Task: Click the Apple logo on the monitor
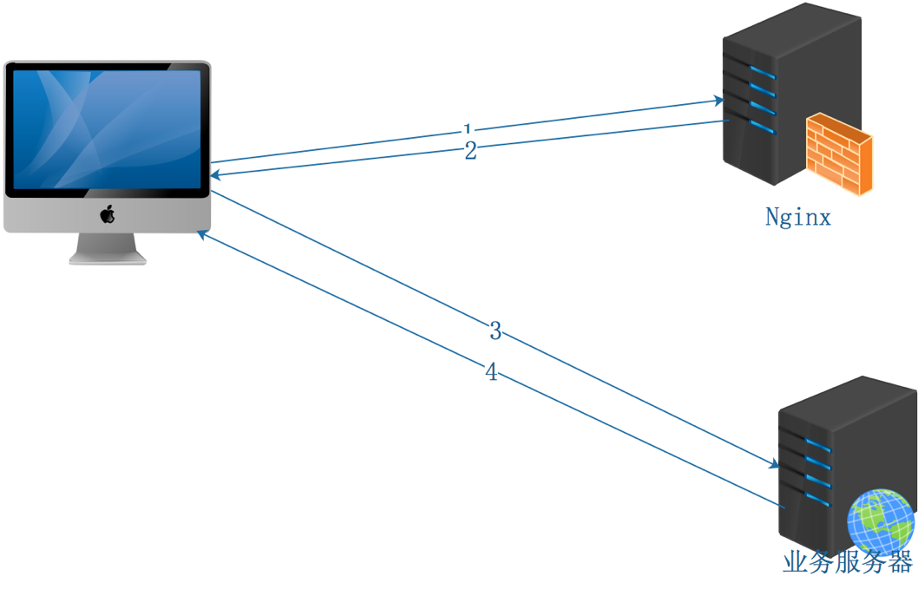pyautogui.click(x=108, y=214)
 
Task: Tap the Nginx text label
pyautogui.click(x=797, y=217)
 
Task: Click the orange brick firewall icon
pyautogui.click(x=838, y=154)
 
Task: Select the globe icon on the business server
pyautogui.click(x=881, y=521)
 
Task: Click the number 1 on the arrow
pyautogui.click(x=469, y=130)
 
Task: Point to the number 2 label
pyautogui.click(x=470, y=153)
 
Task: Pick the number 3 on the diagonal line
pyautogui.click(x=495, y=331)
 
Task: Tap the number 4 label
pyautogui.click(x=492, y=373)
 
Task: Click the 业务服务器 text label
pyautogui.click(x=847, y=562)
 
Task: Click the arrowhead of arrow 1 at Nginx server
pyautogui.click(x=719, y=101)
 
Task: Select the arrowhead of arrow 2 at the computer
pyautogui.click(x=214, y=176)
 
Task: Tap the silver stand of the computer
pyautogui.click(x=108, y=248)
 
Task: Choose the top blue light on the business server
pyautogui.click(x=817, y=445)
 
